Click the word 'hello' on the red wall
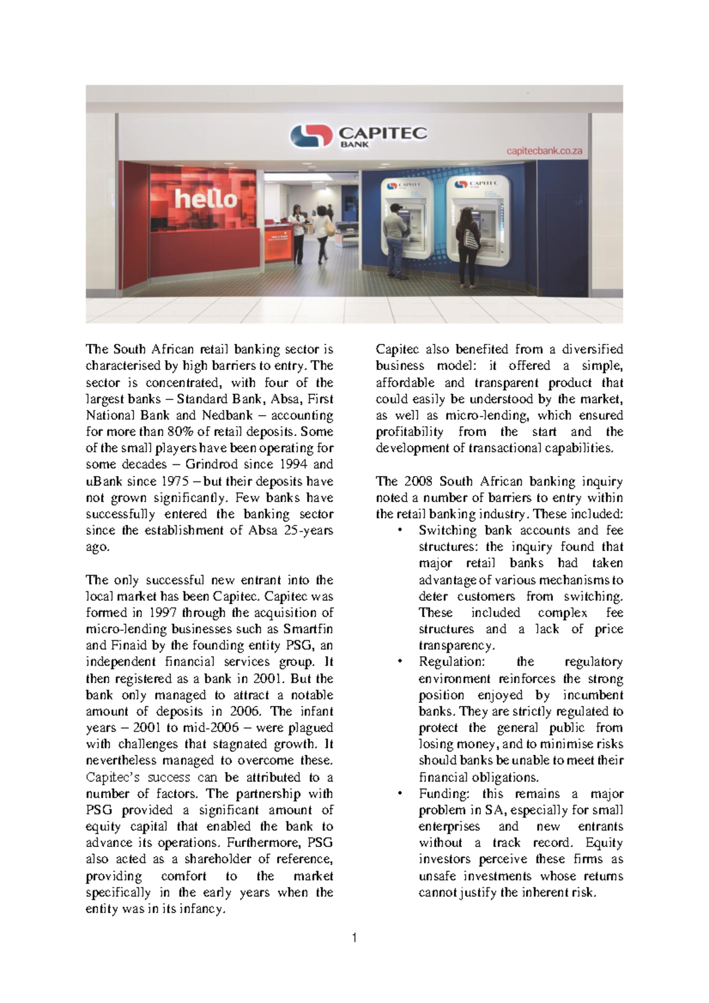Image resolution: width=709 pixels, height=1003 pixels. click(206, 199)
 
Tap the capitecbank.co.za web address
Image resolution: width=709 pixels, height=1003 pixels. click(544, 151)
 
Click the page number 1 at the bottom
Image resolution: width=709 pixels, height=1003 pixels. click(354, 937)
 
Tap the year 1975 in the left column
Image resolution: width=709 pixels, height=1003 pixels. click(171, 481)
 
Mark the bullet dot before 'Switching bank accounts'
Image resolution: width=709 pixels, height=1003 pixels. click(401, 530)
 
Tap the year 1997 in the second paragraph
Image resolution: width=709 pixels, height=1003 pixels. click(162, 613)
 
